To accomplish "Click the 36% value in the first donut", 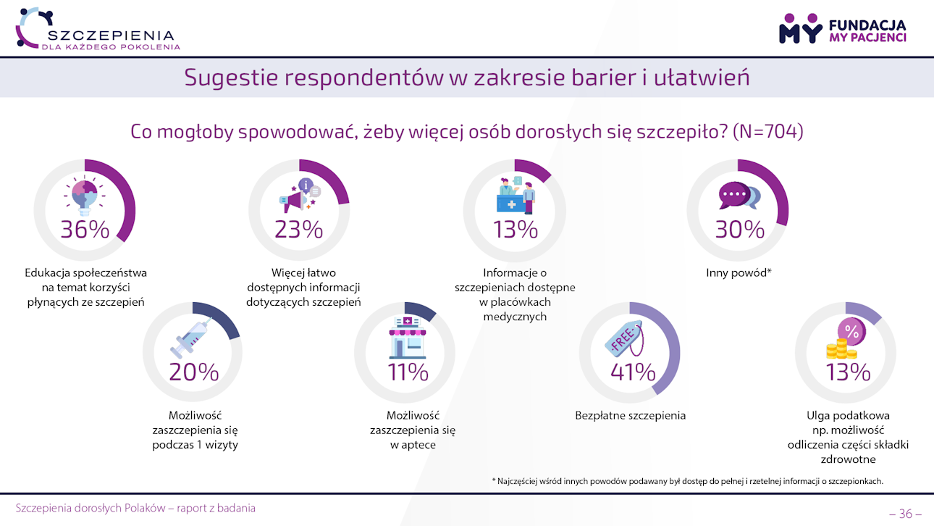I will click(x=85, y=230).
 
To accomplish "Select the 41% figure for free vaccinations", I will click(x=633, y=372).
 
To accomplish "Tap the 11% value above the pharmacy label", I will click(x=408, y=372).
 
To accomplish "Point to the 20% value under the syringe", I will click(x=194, y=372).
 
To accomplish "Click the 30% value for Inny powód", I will click(x=740, y=230).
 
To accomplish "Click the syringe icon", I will click(x=190, y=338).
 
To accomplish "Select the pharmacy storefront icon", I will click(x=407, y=336).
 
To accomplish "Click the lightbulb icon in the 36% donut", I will click(x=85, y=196).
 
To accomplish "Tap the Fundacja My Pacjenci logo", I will click(x=842, y=29).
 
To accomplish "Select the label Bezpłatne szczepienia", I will click(x=630, y=416).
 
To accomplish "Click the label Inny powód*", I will click(x=738, y=273).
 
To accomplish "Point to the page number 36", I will click(x=905, y=514).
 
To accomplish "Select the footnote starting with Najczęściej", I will click(x=687, y=481).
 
